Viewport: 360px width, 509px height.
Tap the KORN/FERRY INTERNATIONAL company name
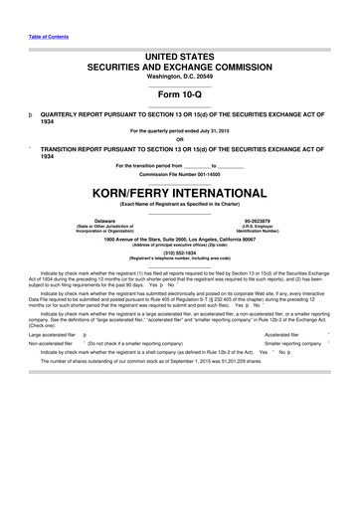click(x=179, y=189)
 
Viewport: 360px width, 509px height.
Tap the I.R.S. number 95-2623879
click(x=257, y=220)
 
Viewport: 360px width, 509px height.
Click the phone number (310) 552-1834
click(x=179, y=253)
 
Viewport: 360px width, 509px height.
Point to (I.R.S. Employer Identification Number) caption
click(x=257, y=229)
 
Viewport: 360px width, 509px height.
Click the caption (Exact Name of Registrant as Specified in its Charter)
click(x=179, y=203)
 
